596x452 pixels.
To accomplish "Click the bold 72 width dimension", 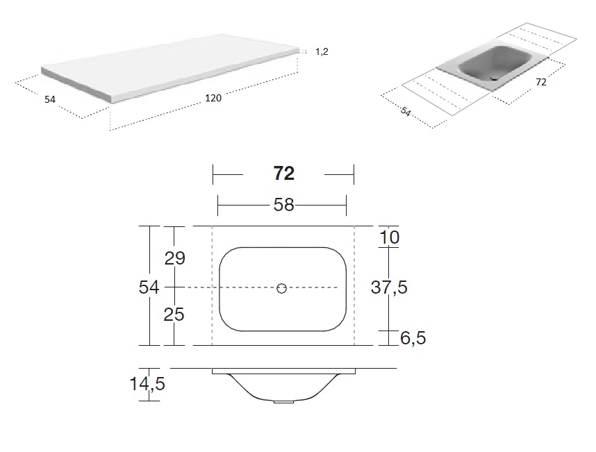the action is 284,174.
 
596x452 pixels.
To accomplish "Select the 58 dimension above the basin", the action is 284,205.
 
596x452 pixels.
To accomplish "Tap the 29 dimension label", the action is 175,258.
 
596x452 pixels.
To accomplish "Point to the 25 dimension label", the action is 174,315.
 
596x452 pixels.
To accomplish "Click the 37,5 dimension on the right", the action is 389,287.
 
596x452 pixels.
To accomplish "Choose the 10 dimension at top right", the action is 389,237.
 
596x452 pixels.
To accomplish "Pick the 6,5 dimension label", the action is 413,337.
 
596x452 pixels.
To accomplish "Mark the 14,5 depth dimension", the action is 147,384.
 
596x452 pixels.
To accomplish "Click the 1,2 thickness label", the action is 322,51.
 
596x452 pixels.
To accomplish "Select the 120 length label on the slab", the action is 213,98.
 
